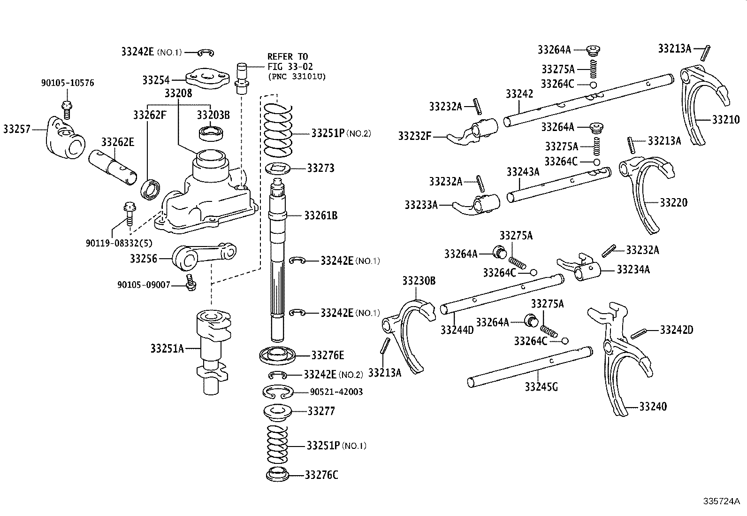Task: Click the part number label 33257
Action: point(16,129)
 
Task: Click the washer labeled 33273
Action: point(280,168)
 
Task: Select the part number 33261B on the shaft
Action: point(320,216)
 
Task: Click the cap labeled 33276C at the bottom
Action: point(277,474)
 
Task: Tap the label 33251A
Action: point(167,348)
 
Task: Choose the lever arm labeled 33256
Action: point(202,256)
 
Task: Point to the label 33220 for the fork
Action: point(673,202)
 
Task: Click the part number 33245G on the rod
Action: point(541,387)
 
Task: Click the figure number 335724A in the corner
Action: point(721,501)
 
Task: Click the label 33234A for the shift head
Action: point(633,269)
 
